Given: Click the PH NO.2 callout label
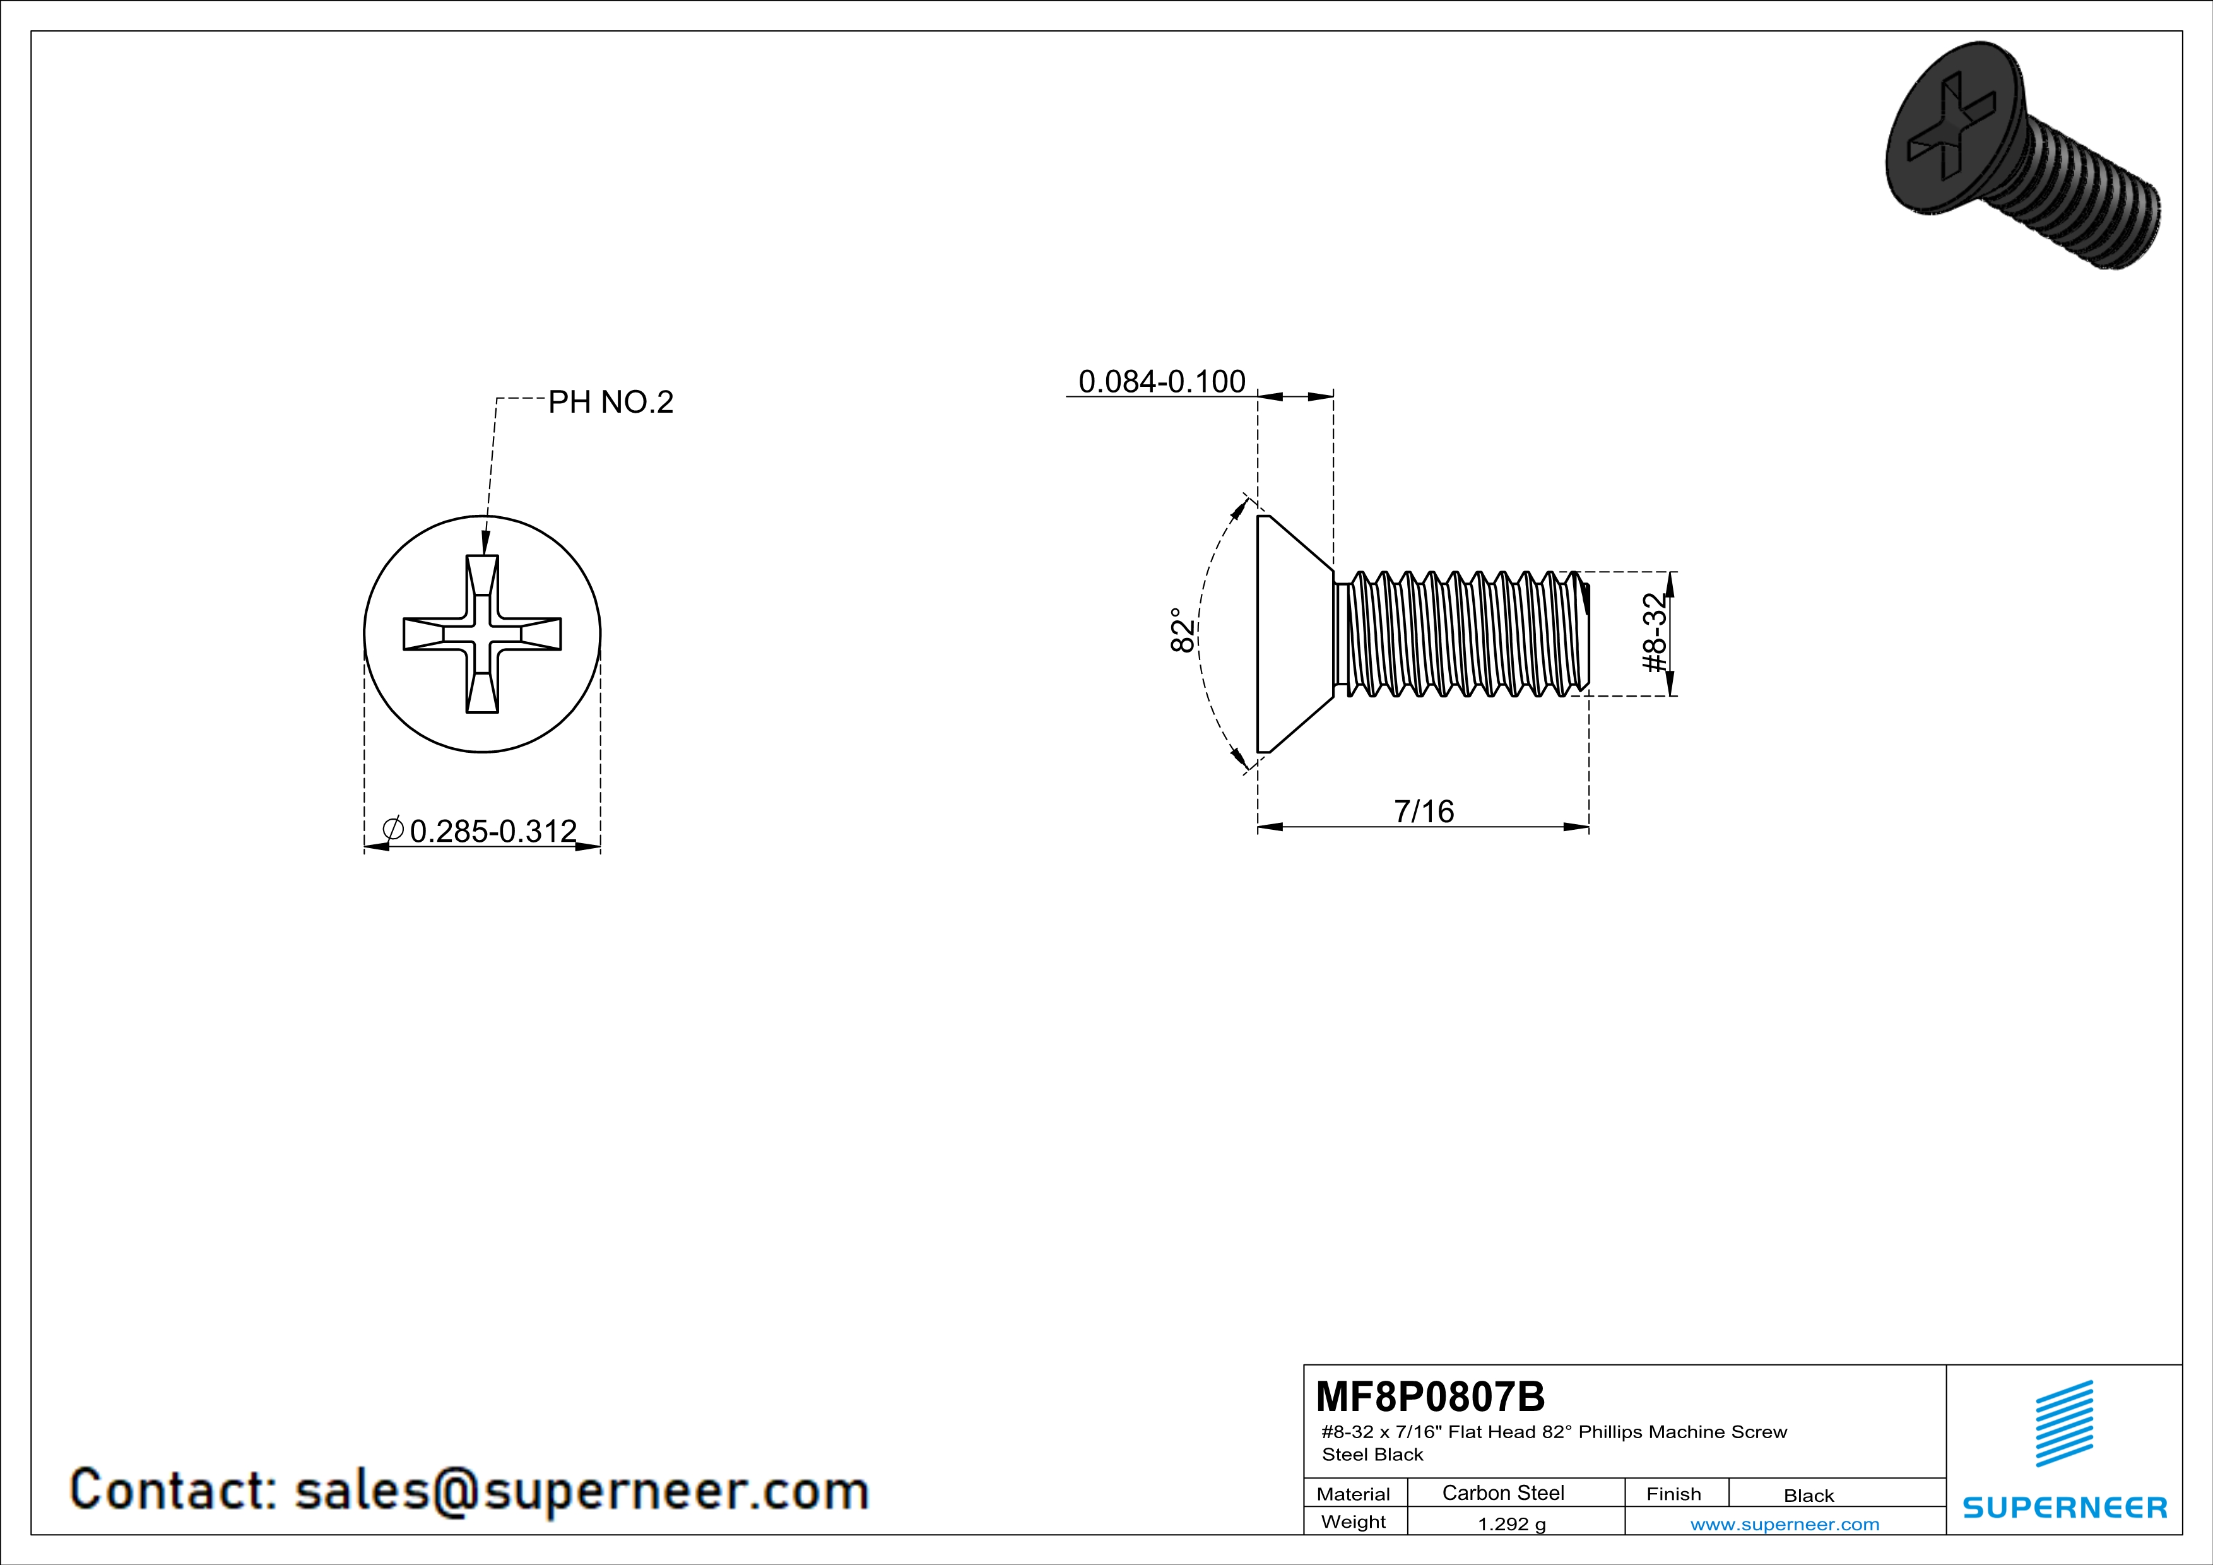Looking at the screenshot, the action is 611,402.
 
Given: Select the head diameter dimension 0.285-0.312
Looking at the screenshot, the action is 493,830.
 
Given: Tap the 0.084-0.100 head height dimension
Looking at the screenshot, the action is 1162,382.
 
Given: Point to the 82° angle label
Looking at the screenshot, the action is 1183,630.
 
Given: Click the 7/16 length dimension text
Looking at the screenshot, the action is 1424,812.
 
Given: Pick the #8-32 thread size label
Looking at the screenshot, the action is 1654,633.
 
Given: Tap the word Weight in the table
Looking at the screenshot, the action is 1354,1523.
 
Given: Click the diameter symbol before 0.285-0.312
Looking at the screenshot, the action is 393,829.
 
